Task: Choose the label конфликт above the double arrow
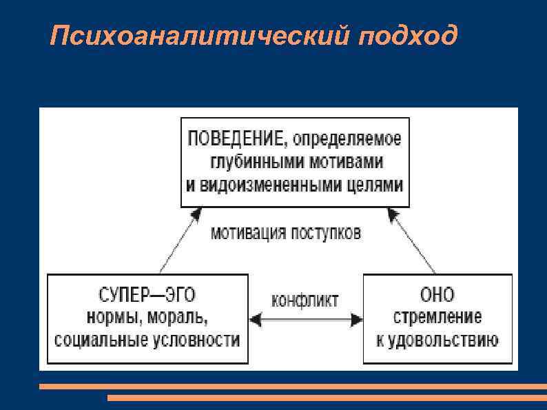pos(305,300)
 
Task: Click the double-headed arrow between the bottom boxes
pos(305,319)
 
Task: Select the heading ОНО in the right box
pos(437,295)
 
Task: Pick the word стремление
pos(437,318)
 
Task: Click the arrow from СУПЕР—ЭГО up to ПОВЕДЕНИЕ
pos(176,241)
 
